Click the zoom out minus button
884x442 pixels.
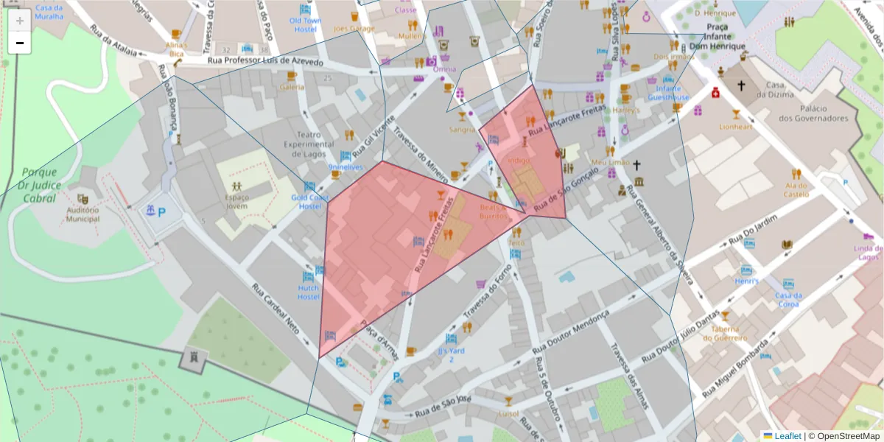pyautogui.click(x=20, y=43)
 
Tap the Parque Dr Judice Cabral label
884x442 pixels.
pyautogui.click(x=40, y=184)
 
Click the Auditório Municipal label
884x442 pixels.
pyautogui.click(x=83, y=214)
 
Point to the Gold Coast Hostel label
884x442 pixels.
pyautogui.click(x=309, y=202)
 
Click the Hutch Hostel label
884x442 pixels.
pyautogui.click(x=308, y=292)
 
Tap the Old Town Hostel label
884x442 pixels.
pyautogui.click(x=305, y=25)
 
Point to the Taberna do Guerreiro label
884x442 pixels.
pyautogui.click(x=725, y=334)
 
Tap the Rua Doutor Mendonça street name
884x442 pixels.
pyautogui.click(x=570, y=336)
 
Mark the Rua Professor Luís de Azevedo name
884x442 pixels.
pyautogui.click(x=265, y=62)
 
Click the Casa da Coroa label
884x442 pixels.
pyautogui.click(x=787, y=300)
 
